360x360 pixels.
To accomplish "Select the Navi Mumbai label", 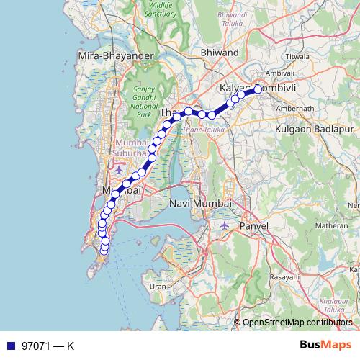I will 199,204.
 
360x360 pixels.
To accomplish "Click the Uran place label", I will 157,286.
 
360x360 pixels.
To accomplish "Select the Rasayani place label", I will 284,276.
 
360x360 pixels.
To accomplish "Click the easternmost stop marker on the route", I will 257,90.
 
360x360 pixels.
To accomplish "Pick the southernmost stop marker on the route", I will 104,251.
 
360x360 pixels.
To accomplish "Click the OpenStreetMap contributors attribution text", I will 297,322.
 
